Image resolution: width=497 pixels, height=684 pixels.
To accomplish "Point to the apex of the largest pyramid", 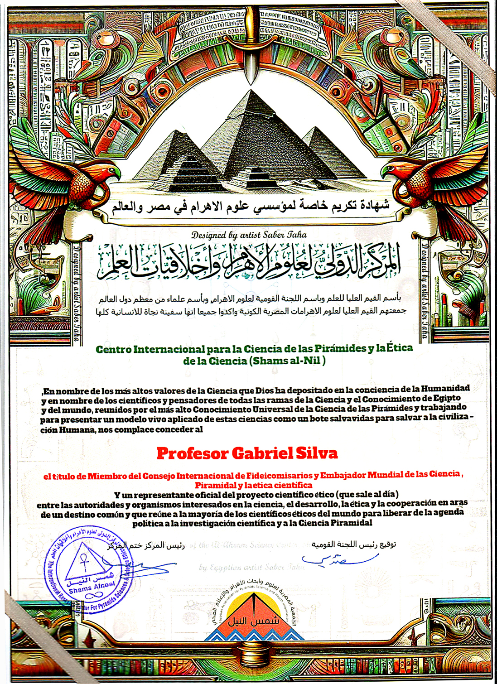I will coord(250,91).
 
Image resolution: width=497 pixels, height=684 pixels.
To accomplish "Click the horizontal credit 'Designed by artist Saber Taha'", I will coord(249,235).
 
